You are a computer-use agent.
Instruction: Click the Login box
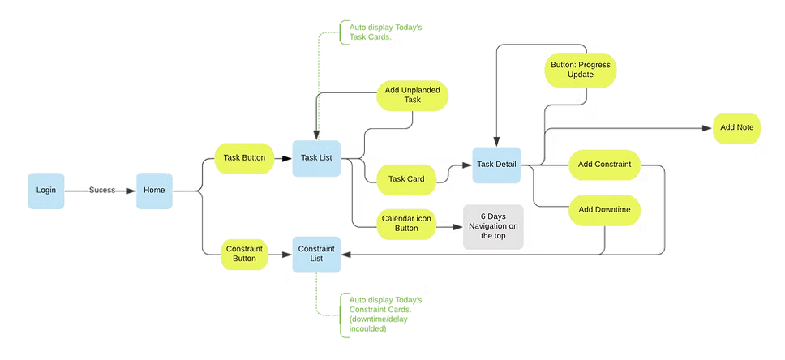coord(45,191)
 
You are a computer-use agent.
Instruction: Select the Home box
coord(154,191)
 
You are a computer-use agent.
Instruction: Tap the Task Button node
coord(243,158)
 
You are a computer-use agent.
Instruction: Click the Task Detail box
coord(496,165)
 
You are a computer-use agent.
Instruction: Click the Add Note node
coord(736,128)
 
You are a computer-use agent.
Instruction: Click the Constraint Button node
coord(241,253)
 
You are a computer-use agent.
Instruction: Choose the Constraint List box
coord(316,254)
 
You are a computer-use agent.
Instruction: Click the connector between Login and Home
coord(100,191)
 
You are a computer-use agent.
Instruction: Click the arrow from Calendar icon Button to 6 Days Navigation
coord(448,230)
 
